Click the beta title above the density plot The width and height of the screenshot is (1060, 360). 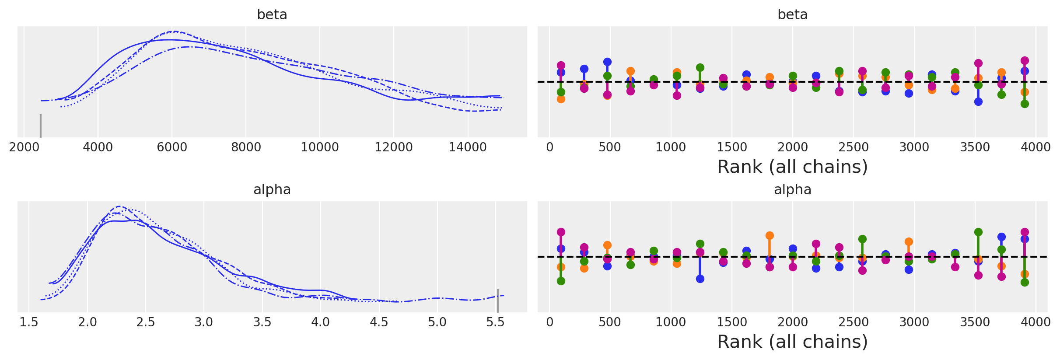272,15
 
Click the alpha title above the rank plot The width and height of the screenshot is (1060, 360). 792,190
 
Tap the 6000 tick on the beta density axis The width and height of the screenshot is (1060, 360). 172,147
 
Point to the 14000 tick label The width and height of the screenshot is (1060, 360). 467,147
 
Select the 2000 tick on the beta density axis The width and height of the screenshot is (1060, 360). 24,147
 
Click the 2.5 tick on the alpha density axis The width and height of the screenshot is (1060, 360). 146,322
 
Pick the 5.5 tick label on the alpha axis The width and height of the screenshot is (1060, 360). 495,322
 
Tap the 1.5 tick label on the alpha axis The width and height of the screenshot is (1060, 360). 29,322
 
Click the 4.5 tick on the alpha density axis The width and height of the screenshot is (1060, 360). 379,322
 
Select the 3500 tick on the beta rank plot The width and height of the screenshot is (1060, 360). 975,147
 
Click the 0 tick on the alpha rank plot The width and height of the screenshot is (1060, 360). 549,322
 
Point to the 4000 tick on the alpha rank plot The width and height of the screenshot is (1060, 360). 1036,322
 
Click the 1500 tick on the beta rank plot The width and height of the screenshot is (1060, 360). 731,147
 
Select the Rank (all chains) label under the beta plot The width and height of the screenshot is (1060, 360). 792,167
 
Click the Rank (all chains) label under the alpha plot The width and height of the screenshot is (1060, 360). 792,342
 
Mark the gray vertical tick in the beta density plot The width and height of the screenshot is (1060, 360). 41,126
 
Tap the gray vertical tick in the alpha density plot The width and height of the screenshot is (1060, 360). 497,301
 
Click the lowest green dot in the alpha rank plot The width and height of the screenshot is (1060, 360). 1025,282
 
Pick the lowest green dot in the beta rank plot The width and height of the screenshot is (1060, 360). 1025,104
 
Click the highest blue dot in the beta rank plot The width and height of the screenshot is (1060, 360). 607,62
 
